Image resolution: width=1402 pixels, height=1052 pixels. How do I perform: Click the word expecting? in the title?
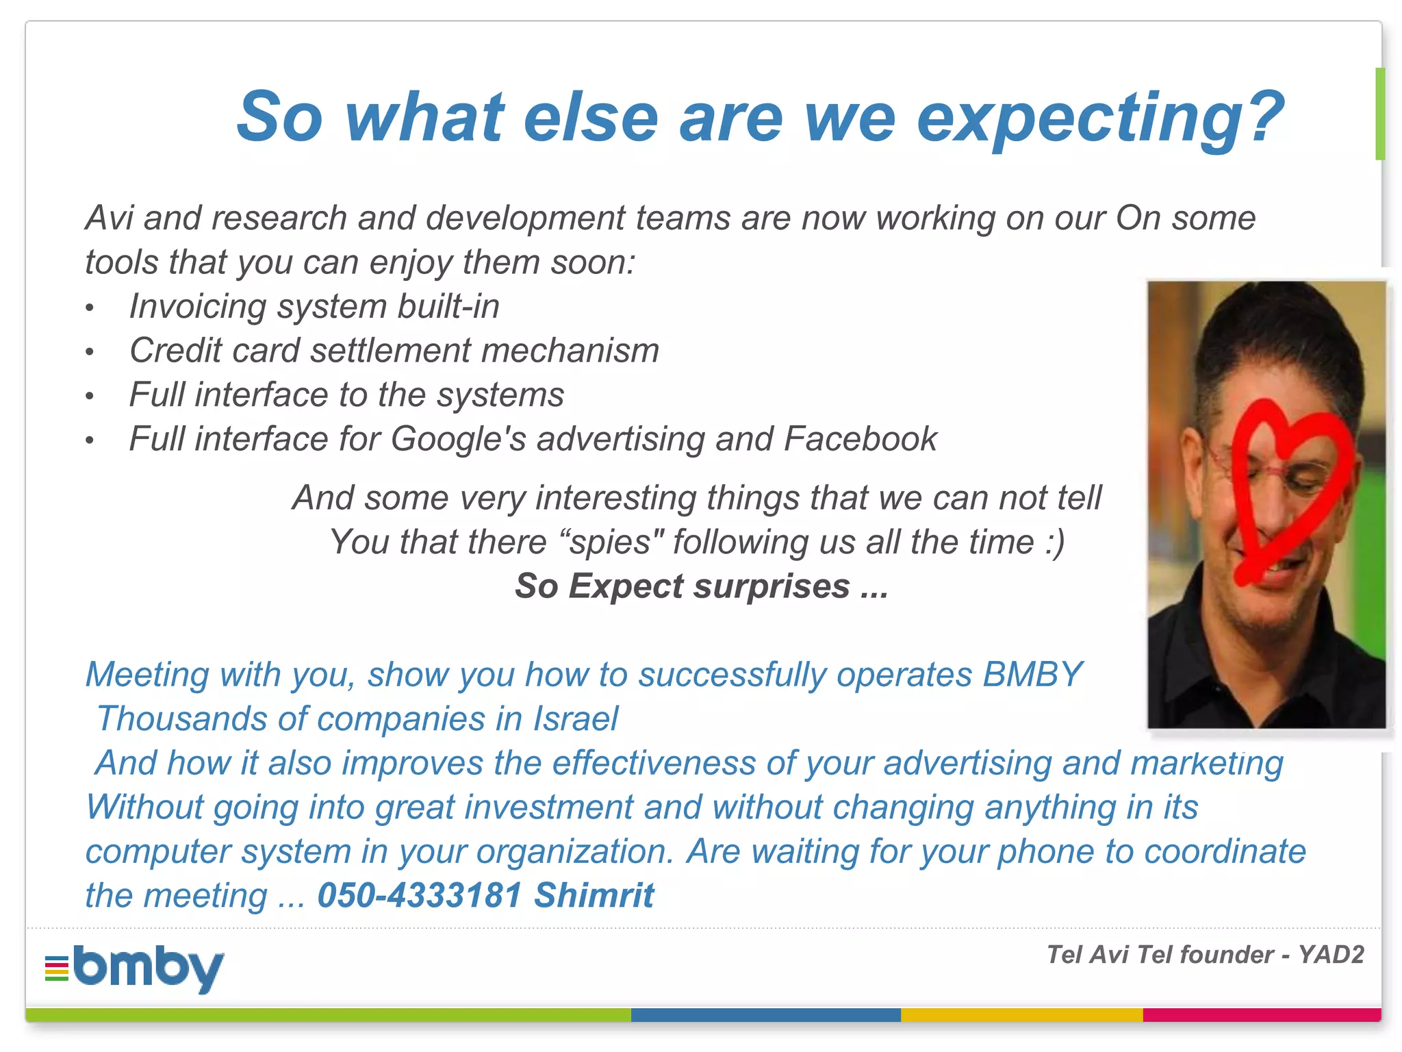pos(1100,118)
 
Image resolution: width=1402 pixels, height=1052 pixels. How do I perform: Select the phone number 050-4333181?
pos(420,895)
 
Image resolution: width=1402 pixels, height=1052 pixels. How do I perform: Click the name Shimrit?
pos(594,895)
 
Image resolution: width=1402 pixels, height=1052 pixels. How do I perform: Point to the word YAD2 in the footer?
pos(1331,954)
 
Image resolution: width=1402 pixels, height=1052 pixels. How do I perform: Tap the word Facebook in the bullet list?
pos(860,439)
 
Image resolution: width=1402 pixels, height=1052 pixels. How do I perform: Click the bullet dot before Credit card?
pos(89,352)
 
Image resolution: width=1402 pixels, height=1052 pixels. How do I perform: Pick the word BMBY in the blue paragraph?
pos(1032,675)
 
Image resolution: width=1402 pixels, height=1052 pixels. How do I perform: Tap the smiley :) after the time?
pos(1055,542)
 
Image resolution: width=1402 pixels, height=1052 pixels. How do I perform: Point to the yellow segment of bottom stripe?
pos(1021,1014)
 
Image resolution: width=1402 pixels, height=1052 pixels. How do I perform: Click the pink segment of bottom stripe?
pos(1261,1014)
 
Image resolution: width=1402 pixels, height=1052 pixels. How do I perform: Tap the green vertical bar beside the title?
pos(1379,114)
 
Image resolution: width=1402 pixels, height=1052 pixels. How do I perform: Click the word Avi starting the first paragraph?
pos(109,218)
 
